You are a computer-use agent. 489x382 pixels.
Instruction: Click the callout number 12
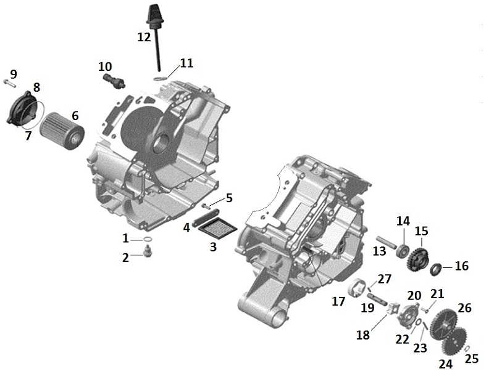point(144,38)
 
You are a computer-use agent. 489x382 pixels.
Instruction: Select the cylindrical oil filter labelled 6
point(62,131)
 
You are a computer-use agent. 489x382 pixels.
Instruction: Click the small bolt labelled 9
point(10,83)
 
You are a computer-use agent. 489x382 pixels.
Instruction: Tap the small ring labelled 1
point(148,240)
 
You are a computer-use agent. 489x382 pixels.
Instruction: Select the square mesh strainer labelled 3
point(218,230)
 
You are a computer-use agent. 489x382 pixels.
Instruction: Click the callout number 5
point(229,198)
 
